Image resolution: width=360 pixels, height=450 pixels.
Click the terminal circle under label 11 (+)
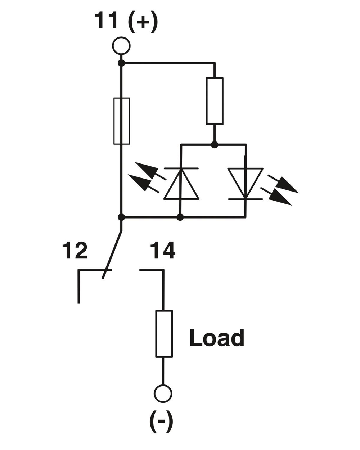[121, 46]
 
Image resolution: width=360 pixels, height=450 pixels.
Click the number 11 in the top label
[106, 21]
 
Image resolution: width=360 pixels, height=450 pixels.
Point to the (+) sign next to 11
[143, 22]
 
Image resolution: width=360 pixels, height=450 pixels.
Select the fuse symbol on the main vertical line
[121, 121]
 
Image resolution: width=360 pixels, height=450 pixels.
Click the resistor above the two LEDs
[215, 101]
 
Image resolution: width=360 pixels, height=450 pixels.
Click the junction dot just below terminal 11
[121, 63]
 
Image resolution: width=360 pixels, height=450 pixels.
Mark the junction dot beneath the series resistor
[215, 145]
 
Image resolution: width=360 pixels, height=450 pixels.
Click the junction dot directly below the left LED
[180, 217]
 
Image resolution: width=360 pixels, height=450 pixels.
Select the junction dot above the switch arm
[121, 217]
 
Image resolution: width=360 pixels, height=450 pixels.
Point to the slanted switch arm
[112, 254]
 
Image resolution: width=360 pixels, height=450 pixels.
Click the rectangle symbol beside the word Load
[164, 334]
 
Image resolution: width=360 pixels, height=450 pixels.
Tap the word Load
[217, 338]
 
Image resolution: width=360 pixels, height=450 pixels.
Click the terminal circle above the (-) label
[163, 393]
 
